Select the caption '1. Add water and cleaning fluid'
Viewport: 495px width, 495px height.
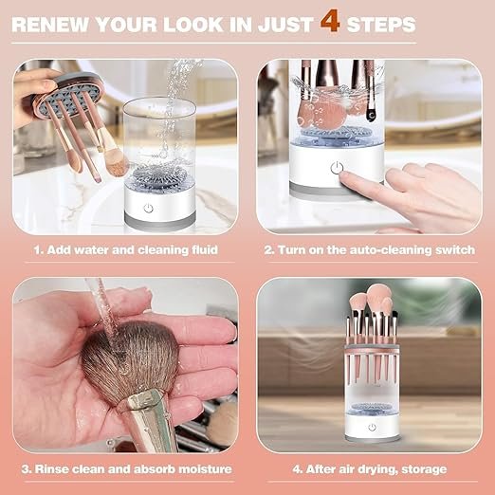coord(125,250)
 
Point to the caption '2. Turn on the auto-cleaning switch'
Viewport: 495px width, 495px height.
coord(369,250)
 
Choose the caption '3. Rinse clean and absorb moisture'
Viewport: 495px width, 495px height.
coord(125,468)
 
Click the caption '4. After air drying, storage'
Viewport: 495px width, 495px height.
coord(369,468)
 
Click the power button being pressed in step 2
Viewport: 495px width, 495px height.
coord(335,168)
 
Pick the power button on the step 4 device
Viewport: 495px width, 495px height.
coord(370,428)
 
